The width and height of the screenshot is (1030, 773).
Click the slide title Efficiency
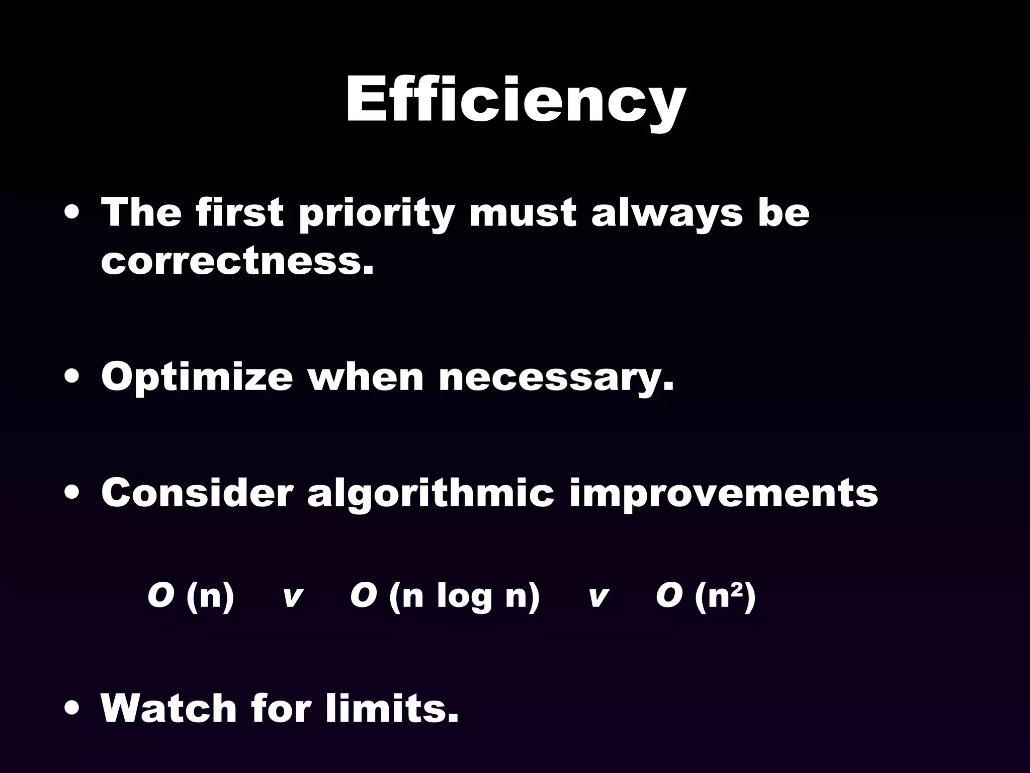click(x=515, y=101)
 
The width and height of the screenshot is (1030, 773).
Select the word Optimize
click(x=197, y=377)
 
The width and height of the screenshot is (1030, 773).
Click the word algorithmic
click(x=431, y=494)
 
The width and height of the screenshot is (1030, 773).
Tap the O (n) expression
click(x=191, y=597)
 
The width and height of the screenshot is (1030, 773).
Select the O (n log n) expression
click(x=445, y=597)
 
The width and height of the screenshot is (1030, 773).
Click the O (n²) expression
click(x=706, y=597)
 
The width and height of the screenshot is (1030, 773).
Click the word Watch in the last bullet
click(x=168, y=708)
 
